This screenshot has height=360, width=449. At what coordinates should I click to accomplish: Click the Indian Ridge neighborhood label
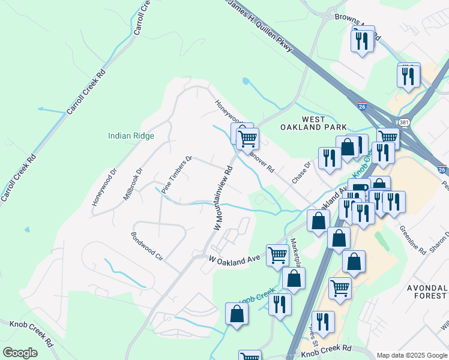(131, 136)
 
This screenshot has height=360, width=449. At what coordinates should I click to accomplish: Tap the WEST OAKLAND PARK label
(313, 122)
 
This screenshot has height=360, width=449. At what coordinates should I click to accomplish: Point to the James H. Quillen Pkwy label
(259, 25)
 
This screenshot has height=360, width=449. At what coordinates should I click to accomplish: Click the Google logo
(20, 353)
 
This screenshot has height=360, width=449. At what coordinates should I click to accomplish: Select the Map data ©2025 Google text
(411, 355)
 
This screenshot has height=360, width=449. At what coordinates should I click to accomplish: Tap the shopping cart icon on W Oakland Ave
(277, 254)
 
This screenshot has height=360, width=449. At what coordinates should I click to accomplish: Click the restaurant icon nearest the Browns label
(362, 40)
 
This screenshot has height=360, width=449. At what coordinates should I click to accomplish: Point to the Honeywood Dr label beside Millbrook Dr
(103, 191)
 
